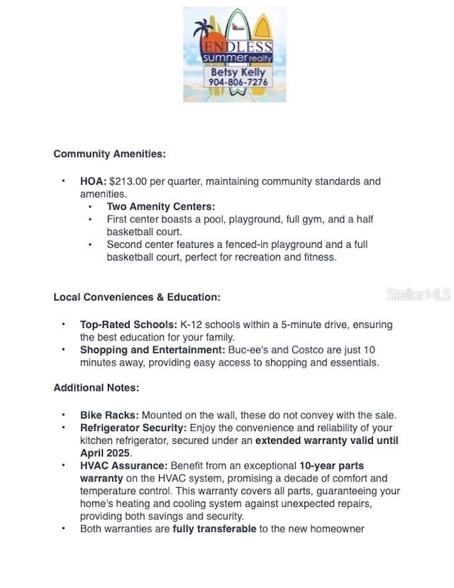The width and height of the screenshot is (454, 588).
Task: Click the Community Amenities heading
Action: tap(109, 154)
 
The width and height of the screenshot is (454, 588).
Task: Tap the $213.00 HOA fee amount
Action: tap(129, 182)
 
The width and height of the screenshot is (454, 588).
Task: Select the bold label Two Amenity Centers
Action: tap(160, 207)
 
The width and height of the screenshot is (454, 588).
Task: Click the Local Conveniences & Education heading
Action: tap(137, 297)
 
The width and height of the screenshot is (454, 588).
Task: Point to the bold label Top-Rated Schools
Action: tap(128, 325)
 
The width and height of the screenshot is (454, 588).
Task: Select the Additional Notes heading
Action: tap(96, 388)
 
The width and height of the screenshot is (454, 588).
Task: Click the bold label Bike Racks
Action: tap(109, 415)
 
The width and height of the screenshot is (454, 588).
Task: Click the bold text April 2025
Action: tap(105, 453)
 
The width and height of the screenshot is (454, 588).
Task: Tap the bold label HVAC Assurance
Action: tap(123, 466)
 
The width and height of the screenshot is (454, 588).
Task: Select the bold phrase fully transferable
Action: tap(214, 529)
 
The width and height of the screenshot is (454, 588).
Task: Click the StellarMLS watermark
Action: tap(418, 294)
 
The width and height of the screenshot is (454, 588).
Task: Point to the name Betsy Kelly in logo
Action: tap(238, 72)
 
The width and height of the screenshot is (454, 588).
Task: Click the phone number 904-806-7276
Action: tap(238, 82)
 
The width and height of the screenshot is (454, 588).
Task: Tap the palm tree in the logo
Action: tap(206, 32)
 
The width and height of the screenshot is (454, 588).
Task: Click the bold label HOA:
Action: tap(93, 182)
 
